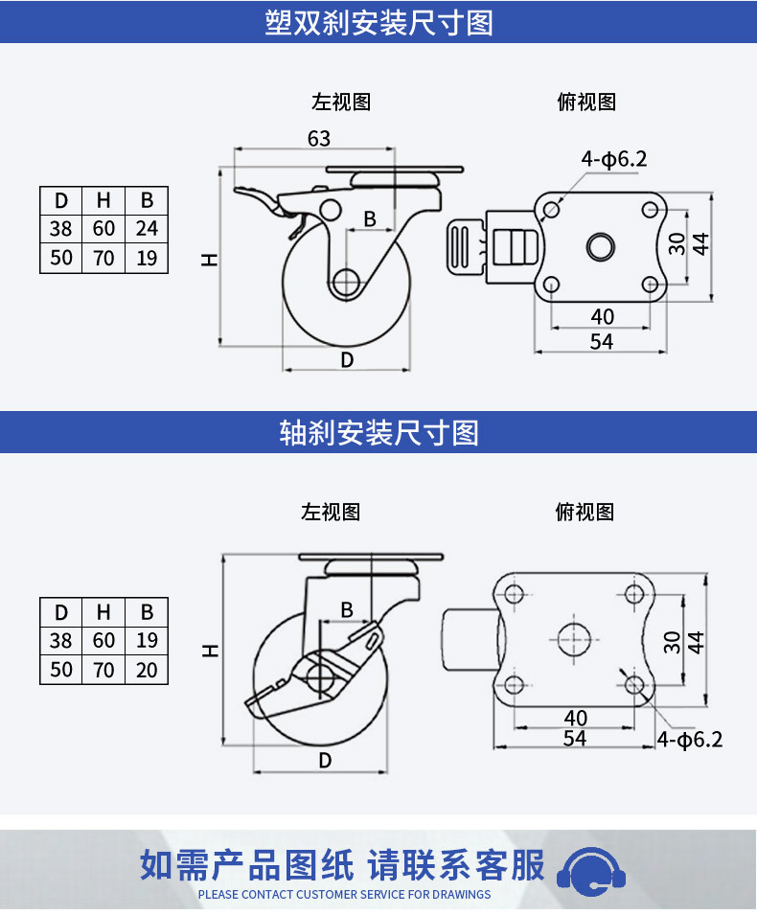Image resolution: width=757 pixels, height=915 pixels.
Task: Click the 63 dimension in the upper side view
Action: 319,139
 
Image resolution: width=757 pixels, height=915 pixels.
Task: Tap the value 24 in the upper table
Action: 147,228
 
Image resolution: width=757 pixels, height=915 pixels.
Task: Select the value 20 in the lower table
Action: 147,670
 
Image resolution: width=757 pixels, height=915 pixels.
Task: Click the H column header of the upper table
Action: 103,201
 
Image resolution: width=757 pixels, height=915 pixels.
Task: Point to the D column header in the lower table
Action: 60,612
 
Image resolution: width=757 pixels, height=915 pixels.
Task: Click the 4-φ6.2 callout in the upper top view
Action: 614,159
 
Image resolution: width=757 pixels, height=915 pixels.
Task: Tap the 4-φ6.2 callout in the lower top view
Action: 690,740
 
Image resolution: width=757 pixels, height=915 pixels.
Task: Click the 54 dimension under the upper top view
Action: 602,341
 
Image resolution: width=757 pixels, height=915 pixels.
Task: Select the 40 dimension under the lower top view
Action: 576,718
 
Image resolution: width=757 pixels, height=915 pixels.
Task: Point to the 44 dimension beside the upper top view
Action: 700,244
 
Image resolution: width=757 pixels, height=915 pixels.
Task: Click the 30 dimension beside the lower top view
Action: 673,642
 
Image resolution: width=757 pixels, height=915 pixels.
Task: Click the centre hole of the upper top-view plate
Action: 601,247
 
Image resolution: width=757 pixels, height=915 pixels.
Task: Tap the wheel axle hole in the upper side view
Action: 346,283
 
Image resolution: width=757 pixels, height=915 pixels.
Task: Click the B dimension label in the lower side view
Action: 347,609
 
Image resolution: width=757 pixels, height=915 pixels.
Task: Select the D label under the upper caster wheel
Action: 347,360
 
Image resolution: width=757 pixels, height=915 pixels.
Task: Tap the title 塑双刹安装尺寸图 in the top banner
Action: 378,23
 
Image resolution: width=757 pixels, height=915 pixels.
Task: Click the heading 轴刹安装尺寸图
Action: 378,432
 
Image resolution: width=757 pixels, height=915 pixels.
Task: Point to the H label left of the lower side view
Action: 210,651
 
